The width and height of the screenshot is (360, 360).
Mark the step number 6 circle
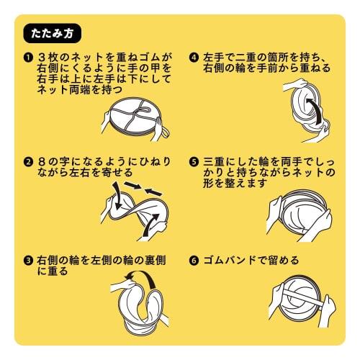(x=194, y=260)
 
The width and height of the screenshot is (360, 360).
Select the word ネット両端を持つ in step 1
(x=76, y=89)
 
